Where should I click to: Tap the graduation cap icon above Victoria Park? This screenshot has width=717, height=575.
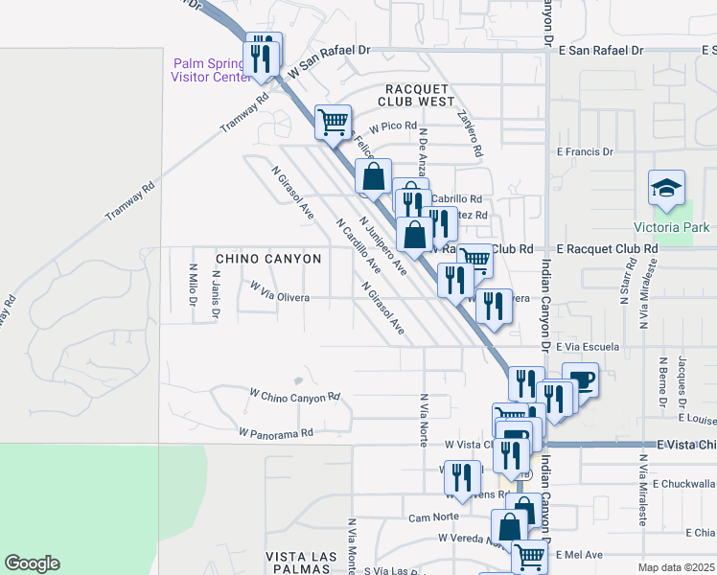(x=666, y=188)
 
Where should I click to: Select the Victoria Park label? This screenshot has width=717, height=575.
(x=672, y=227)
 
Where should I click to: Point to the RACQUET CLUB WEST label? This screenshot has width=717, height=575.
(x=415, y=94)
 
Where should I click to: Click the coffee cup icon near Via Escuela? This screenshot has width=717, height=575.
(x=581, y=379)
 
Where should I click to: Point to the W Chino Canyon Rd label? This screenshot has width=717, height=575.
(x=295, y=395)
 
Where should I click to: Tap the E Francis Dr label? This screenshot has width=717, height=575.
(x=585, y=151)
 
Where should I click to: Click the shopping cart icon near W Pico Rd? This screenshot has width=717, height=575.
(x=332, y=122)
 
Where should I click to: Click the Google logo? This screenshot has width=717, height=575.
(x=32, y=563)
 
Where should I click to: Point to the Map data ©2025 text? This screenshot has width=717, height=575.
(x=676, y=567)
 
